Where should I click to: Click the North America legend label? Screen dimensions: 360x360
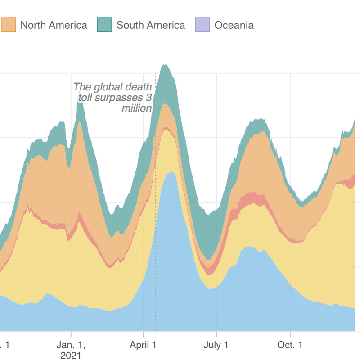[54, 25]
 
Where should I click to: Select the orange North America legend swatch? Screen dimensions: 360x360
[9, 25]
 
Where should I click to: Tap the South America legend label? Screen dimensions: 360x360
[151, 25]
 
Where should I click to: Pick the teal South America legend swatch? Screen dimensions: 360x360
[105, 25]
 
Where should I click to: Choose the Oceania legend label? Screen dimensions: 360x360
[234, 25]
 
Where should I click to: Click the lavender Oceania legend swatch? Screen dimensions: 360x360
[202, 25]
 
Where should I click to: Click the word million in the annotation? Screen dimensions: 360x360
[137, 108]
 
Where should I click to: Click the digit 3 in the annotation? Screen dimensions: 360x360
[150, 98]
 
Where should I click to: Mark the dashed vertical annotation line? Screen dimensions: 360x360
[156, 225]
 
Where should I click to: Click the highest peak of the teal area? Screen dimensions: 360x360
[165, 65]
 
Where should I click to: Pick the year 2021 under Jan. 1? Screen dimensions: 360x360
[71, 355]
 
